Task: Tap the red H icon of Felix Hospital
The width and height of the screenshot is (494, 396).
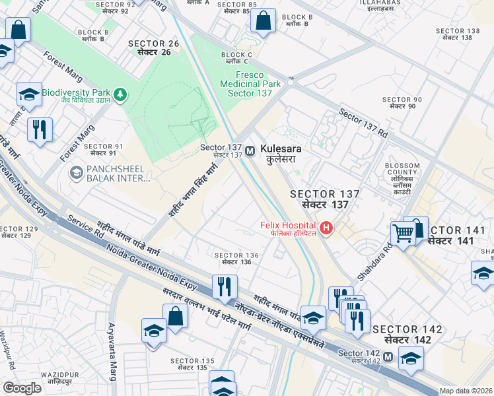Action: pos(326,229)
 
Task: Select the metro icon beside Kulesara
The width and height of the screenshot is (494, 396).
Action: pos(250,151)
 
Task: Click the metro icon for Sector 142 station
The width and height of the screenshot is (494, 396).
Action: pos(388,356)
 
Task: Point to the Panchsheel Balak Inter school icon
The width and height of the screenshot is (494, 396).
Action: pos(76,173)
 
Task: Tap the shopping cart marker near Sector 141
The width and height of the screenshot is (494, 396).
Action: pos(403,232)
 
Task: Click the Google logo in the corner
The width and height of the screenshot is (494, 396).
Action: pos(22,388)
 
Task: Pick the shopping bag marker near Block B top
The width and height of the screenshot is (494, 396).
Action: pos(263,20)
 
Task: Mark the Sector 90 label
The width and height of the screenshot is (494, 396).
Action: pos(402,102)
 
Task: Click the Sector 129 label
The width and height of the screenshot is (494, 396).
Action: pos(19,232)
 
